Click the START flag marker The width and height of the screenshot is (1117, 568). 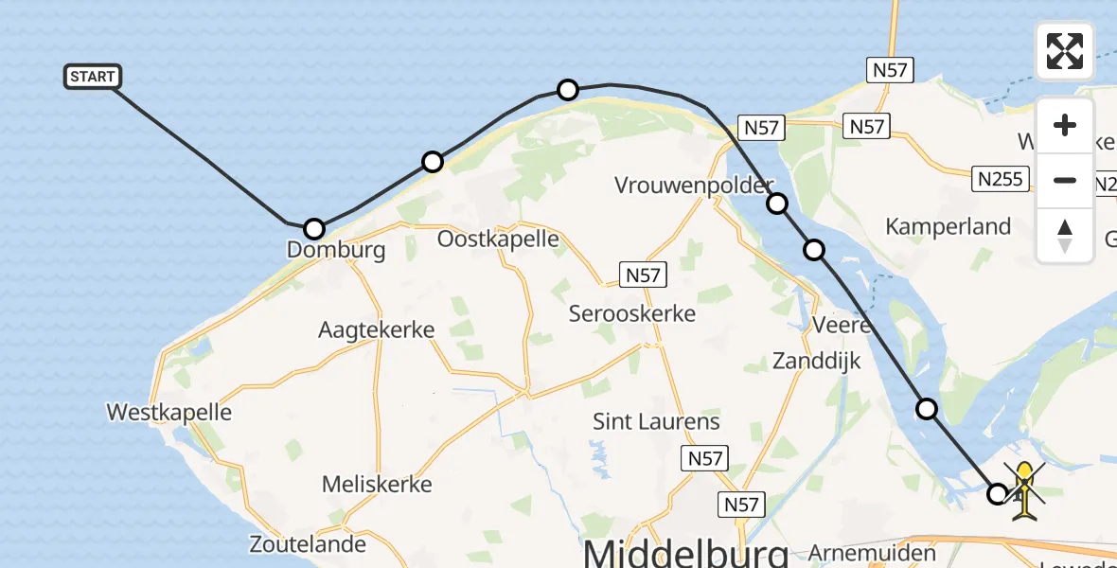93,77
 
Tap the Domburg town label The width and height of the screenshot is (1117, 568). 338,250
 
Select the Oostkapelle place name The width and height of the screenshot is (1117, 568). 498,239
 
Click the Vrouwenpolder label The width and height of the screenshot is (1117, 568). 694,185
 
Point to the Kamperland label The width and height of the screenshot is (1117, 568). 948,226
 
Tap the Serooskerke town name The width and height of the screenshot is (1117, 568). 631,313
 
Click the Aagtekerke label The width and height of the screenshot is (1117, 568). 376,330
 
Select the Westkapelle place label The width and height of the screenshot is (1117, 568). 169,412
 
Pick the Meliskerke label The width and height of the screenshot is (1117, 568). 377,484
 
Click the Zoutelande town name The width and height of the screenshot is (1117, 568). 308,544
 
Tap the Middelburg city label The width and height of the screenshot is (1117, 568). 685,553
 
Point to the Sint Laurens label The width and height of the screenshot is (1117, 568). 656,421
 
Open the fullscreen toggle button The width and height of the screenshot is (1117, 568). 1065,51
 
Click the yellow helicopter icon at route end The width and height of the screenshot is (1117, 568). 1024,488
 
